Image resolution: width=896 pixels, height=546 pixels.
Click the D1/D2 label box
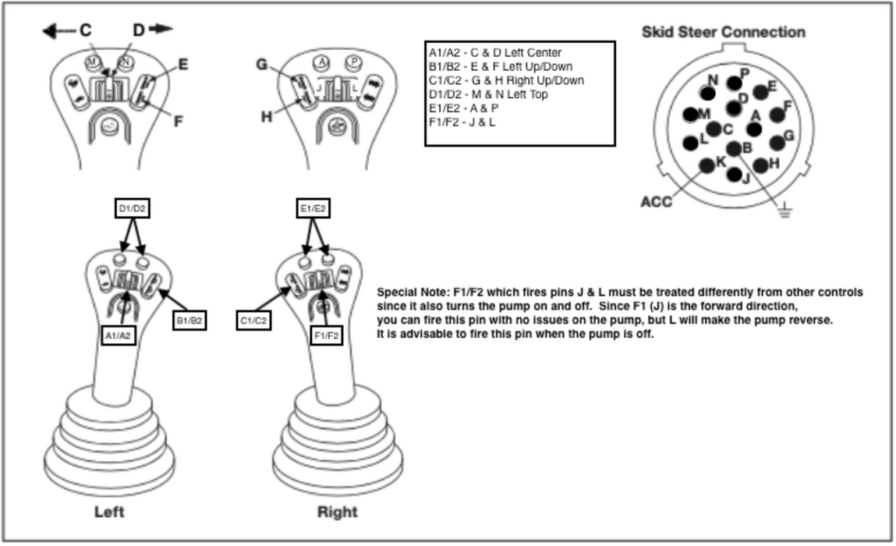[132, 208]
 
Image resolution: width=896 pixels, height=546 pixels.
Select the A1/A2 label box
[120, 335]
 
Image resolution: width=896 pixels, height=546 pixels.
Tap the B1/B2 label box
[189, 321]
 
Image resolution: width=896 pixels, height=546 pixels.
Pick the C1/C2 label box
[254, 321]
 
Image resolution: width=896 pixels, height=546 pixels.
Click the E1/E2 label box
[313, 208]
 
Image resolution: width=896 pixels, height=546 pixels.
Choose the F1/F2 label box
[327, 335]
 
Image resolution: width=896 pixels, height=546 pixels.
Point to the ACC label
[656, 202]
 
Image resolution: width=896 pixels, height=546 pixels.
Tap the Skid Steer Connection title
[723, 32]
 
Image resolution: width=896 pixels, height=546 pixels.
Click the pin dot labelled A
[754, 129]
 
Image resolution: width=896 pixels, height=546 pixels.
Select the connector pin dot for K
[708, 165]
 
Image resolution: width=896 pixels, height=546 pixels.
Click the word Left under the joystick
[109, 512]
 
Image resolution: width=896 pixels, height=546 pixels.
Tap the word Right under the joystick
[337, 512]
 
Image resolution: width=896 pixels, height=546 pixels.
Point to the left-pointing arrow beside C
[58, 30]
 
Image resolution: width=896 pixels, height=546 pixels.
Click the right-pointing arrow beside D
[161, 29]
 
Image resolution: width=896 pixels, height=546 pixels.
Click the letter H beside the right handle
[267, 116]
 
